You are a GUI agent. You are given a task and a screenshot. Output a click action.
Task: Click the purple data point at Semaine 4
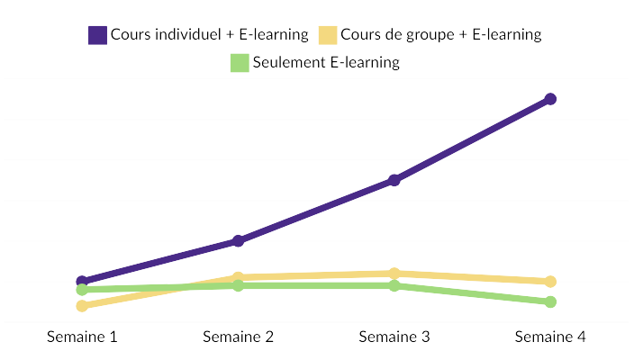click(550, 99)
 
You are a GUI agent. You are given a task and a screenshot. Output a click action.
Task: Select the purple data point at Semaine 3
click(394, 180)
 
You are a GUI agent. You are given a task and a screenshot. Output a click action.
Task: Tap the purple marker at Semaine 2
click(238, 241)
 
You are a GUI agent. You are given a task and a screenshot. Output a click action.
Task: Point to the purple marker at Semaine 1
click(82, 282)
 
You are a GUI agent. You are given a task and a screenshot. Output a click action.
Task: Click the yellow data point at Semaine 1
click(82, 306)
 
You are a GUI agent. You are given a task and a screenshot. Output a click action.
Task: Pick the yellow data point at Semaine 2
click(238, 278)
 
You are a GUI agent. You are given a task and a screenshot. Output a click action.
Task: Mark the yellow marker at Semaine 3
click(394, 274)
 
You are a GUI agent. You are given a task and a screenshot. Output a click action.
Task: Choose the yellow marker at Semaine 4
click(550, 282)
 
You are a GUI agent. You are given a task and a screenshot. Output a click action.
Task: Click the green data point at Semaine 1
click(82, 290)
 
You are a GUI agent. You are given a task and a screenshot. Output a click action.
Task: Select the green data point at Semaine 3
click(394, 286)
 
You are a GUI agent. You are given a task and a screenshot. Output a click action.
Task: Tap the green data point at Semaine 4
click(550, 301)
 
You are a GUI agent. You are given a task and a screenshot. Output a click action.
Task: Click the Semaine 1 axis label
click(82, 337)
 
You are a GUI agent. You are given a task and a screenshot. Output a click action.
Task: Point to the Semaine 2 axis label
click(238, 337)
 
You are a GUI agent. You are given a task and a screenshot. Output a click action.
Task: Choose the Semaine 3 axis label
click(394, 337)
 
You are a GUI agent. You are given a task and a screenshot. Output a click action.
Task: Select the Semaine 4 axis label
click(550, 337)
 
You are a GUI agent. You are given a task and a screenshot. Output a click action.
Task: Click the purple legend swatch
click(97, 35)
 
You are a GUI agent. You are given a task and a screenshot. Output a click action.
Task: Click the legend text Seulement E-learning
click(326, 63)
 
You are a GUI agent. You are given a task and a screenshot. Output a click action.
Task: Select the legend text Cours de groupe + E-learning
click(441, 35)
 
